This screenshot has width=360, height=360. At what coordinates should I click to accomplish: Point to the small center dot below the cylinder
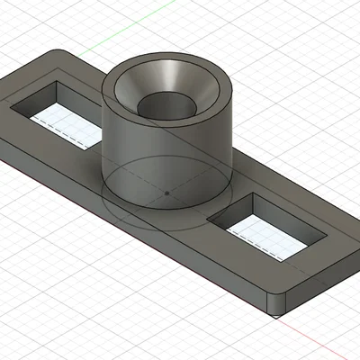[167, 193]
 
